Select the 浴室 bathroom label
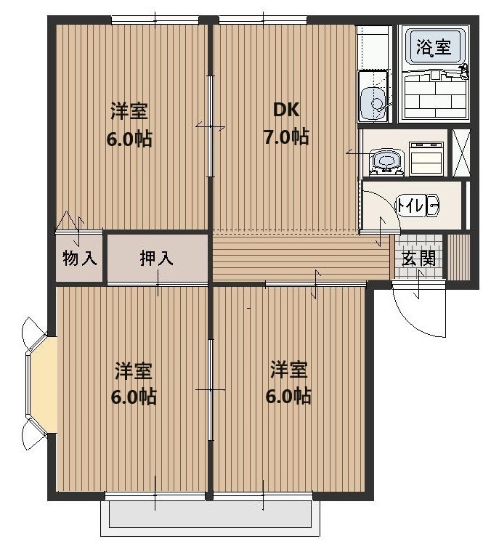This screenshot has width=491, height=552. (x=434, y=47)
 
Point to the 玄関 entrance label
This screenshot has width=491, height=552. (x=418, y=259)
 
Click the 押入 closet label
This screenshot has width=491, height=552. (x=157, y=258)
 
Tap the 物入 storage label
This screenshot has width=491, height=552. (x=80, y=258)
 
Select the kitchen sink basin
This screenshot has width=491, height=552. (x=375, y=100)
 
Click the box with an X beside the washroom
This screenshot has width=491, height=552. (x=460, y=153)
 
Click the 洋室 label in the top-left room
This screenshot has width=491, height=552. (x=129, y=111)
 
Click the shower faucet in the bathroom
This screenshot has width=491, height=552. (x=462, y=71)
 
